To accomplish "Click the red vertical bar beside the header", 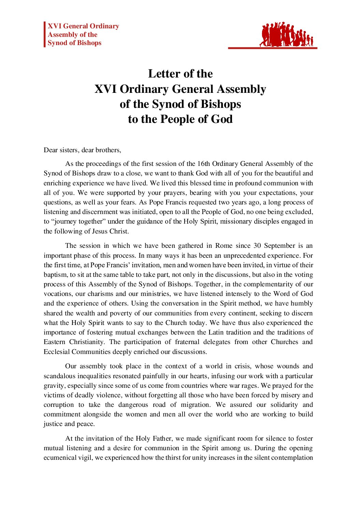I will click(x=45, y=34).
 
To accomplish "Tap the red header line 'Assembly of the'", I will click(x=72, y=34).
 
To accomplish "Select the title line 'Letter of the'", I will click(x=180, y=74).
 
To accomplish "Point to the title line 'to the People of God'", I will click(x=180, y=119).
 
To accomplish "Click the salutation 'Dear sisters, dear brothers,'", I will click(x=82, y=150).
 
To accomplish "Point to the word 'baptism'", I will click(x=55, y=274).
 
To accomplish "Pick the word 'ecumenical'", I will click(x=60, y=457).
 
